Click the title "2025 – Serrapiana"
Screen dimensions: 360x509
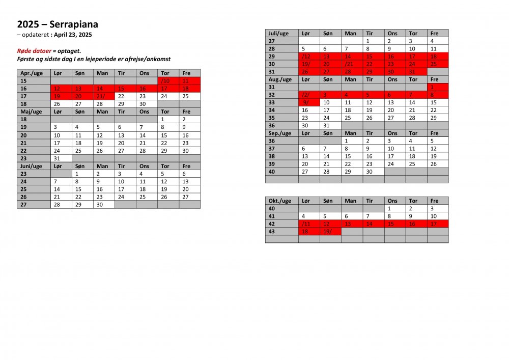58,24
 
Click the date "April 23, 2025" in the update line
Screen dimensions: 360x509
73,35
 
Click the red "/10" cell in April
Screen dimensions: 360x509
168,81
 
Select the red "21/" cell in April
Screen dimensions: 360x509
103,96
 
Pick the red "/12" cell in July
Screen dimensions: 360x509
309,56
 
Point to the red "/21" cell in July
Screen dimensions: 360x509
352,64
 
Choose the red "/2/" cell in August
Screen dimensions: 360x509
309,95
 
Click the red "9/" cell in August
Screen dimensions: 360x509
309,102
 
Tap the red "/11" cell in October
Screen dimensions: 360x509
309,224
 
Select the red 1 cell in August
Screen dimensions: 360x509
438,87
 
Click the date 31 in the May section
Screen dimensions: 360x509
61,158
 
